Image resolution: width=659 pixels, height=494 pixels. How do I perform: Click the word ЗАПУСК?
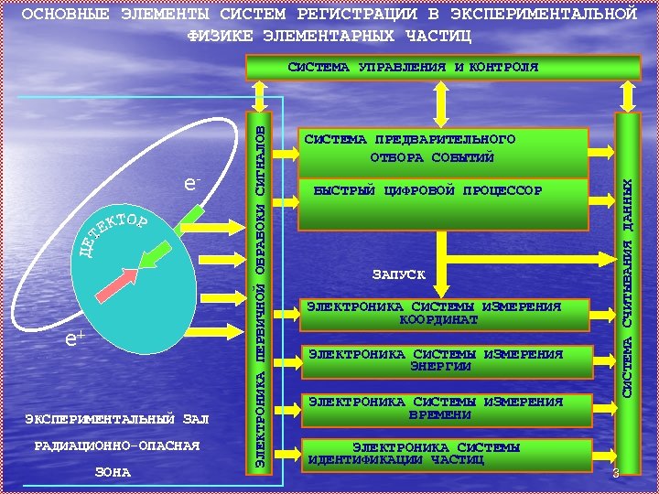[398, 274]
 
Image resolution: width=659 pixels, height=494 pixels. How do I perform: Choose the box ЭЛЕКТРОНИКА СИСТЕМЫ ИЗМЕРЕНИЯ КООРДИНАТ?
[444, 313]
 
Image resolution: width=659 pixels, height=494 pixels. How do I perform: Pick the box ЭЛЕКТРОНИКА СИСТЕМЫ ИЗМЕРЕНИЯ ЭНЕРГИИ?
[444, 360]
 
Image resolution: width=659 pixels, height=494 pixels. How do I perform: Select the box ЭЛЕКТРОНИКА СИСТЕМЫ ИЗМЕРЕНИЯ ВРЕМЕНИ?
[444, 408]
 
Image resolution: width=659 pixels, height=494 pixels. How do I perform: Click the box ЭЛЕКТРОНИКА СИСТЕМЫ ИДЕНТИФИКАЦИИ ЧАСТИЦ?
[444, 454]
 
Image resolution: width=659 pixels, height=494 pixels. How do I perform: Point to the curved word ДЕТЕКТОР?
[110, 232]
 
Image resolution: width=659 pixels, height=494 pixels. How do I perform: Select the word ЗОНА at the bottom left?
[113, 473]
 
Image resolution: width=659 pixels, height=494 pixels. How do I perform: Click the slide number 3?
[616, 473]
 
